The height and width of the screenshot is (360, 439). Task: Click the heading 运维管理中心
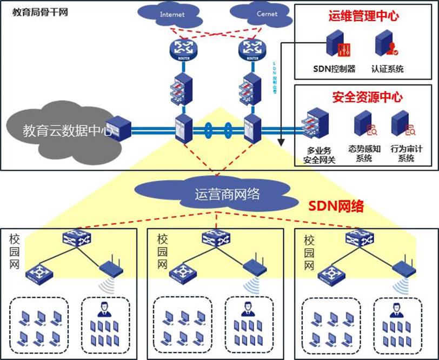[x=363, y=16]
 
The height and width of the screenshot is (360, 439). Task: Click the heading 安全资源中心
[x=367, y=97]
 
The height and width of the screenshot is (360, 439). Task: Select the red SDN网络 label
[x=336, y=206]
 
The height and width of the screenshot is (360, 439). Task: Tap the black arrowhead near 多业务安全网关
[x=281, y=142]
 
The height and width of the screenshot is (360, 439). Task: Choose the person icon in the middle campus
[x=247, y=309]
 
